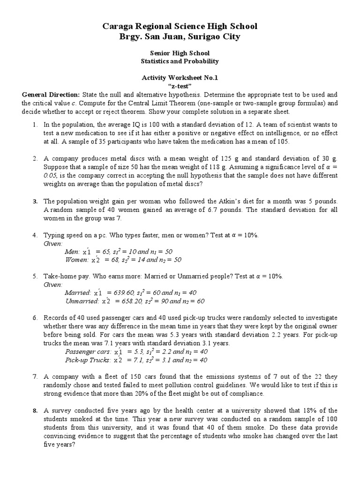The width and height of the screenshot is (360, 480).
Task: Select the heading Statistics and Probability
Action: [x=180, y=61]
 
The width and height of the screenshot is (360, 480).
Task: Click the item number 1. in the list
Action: [x=35, y=125]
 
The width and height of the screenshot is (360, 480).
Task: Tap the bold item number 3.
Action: [x=35, y=201]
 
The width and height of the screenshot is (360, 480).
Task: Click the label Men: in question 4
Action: [x=72, y=252]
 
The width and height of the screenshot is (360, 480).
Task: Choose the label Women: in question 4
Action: [x=76, y=260]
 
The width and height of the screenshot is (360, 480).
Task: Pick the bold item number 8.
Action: [x=35, y=411]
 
